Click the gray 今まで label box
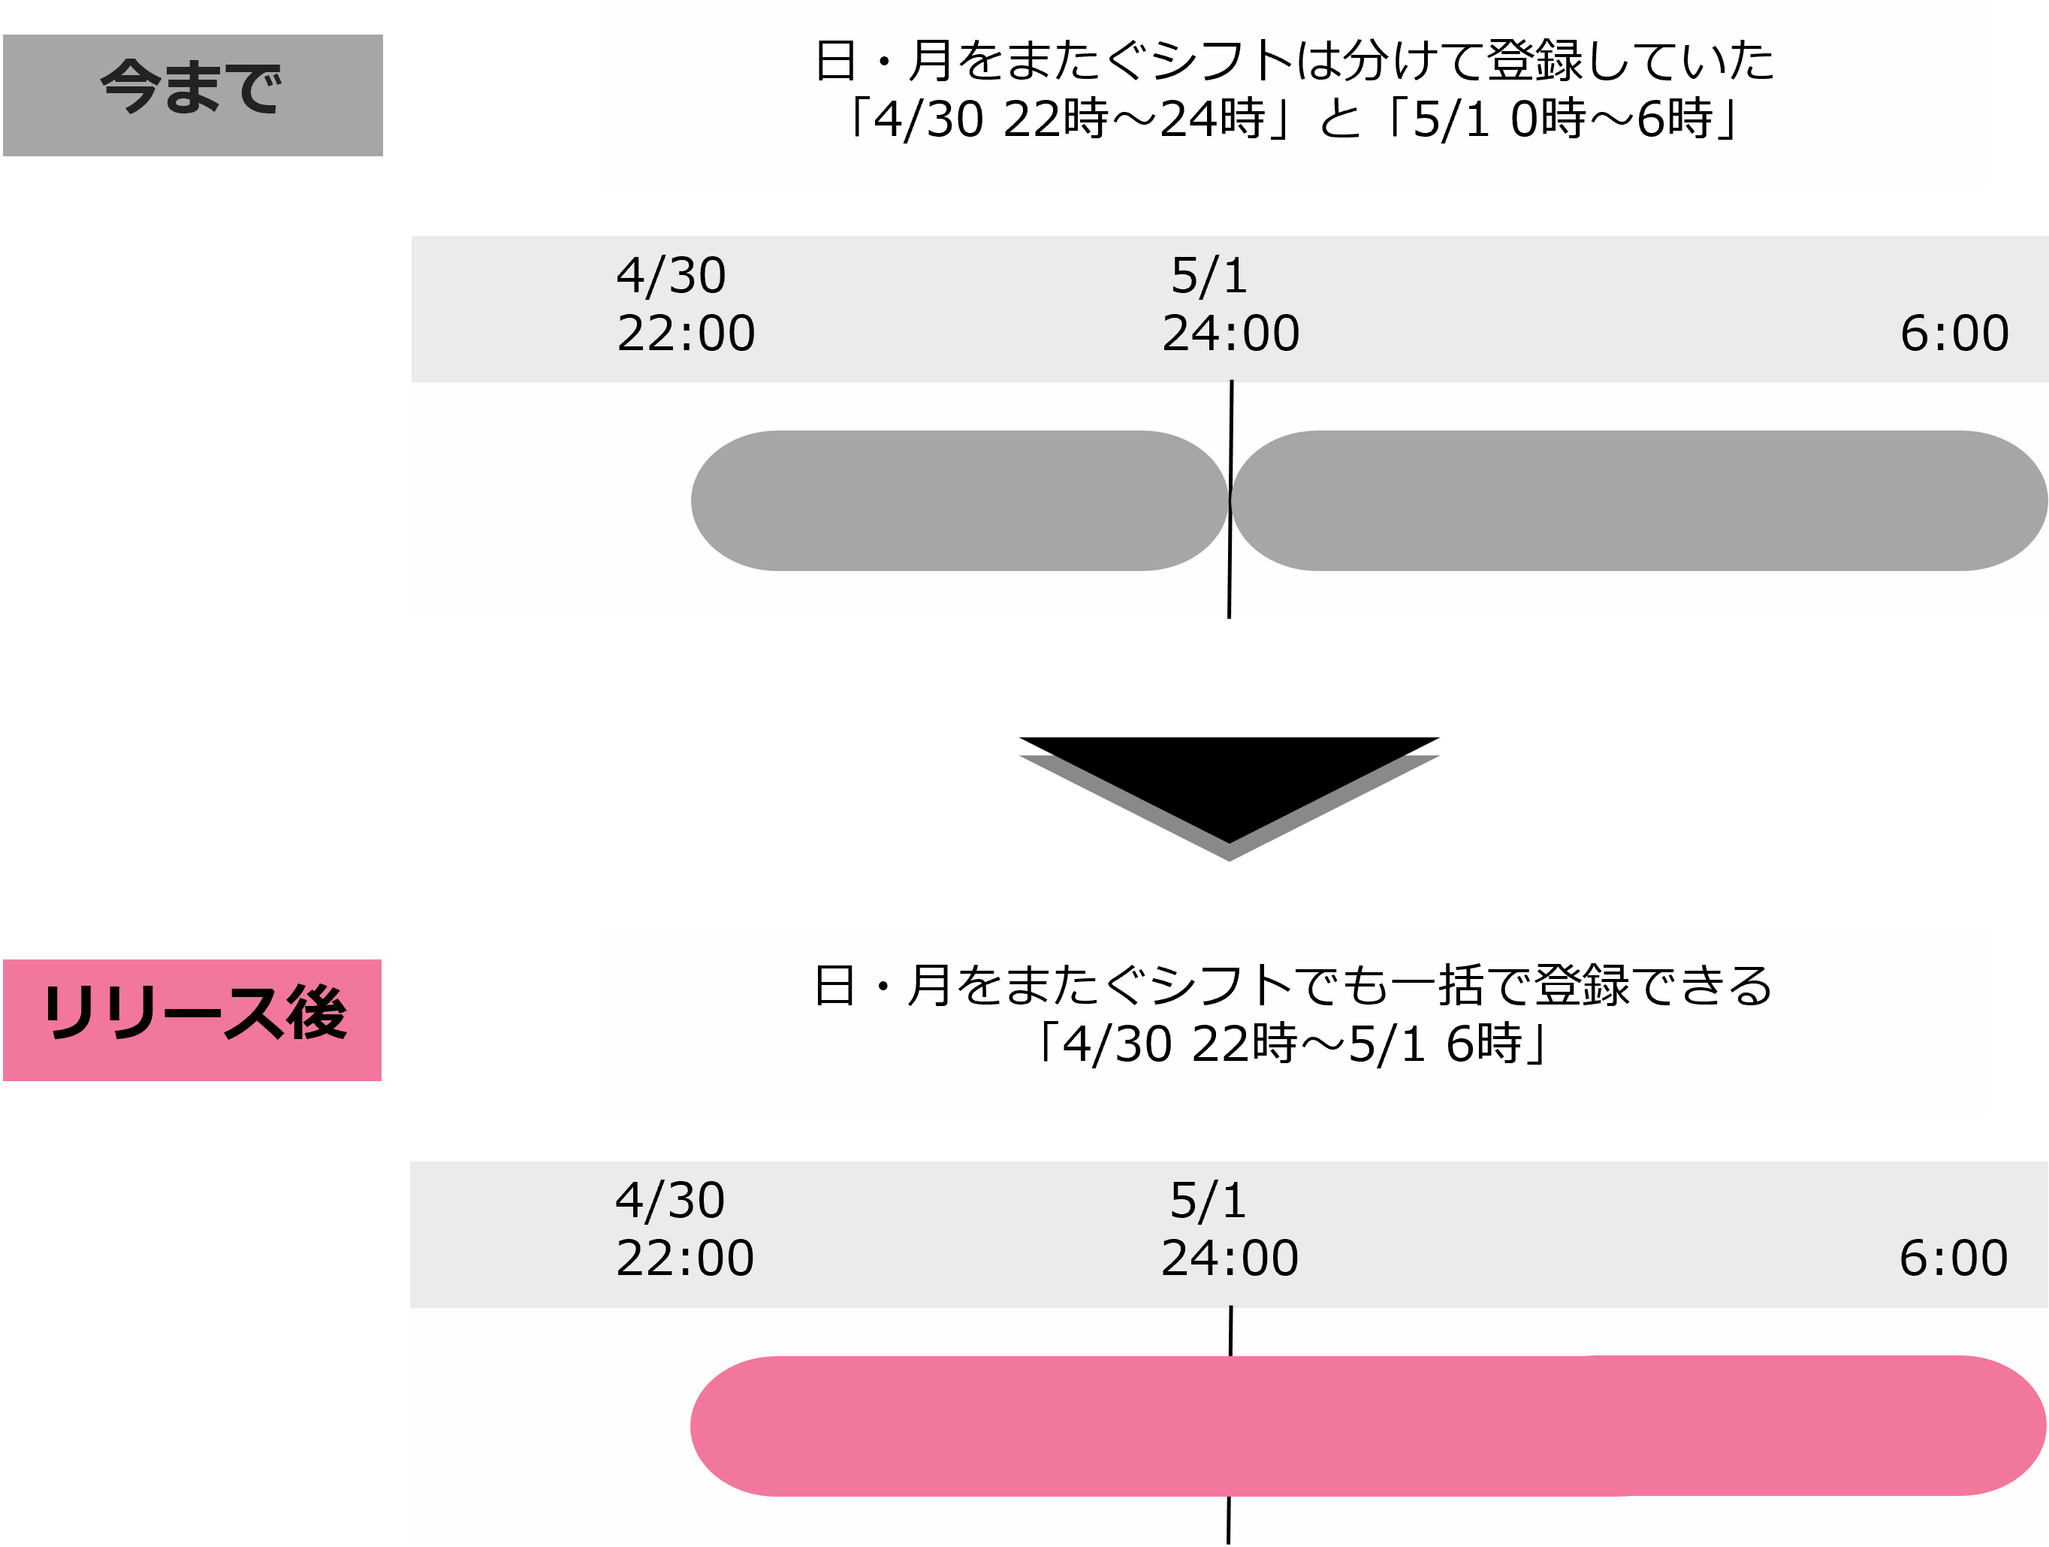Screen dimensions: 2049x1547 point(193,95)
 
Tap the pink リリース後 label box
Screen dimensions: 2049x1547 point(193,1019)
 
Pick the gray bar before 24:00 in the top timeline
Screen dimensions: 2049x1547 point(960,500)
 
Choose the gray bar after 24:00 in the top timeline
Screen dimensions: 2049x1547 point(1637,500)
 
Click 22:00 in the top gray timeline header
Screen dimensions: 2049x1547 point(686,334)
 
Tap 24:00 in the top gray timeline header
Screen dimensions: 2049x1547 point(1231,334)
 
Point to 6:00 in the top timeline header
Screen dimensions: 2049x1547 point(1954,334)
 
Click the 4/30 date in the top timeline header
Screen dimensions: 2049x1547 point(671,276)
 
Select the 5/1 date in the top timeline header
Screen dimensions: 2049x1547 point(1209,276)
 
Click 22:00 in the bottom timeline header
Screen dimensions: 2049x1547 point(684,1258)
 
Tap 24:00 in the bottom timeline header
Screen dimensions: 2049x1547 point(1230,1258)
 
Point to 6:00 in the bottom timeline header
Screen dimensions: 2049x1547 point(1954,1258)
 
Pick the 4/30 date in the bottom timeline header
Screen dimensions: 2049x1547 point(670,1201)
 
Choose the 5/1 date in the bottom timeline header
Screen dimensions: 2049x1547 point(1208,1201)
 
